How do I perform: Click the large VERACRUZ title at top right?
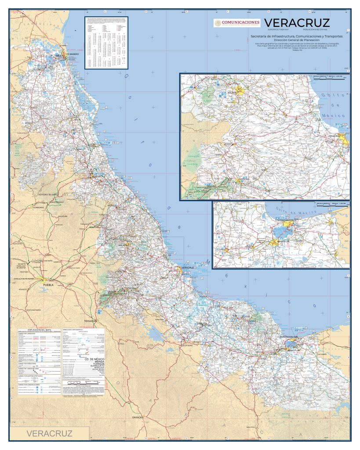point(297,22)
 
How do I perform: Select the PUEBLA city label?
point(47,285)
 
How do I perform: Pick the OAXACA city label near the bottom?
point(138,417)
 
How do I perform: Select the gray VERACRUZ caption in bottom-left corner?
point(50,433)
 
